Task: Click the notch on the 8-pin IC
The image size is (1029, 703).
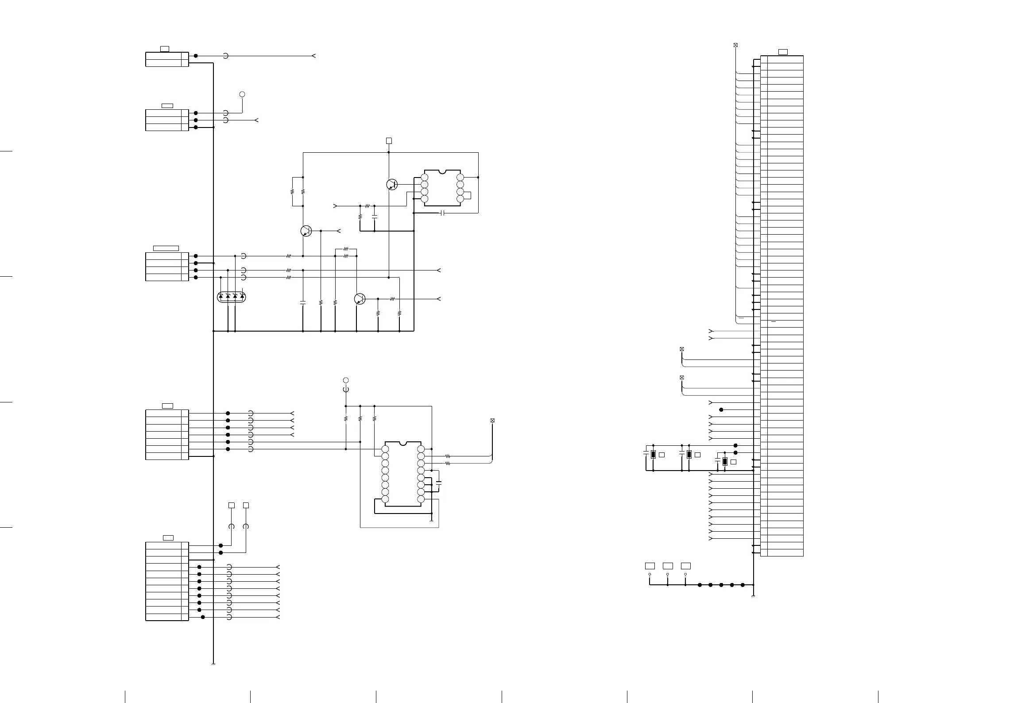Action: (442, 171)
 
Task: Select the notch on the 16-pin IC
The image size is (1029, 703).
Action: (403, 443)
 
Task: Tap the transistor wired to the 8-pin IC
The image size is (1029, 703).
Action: (392, 185)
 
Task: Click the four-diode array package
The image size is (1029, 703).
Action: (231, 297)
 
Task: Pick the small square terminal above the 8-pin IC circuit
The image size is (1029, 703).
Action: (389, 141)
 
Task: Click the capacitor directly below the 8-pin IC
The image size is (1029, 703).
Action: (442, 213)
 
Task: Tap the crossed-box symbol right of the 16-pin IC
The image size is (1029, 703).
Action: (492, 421)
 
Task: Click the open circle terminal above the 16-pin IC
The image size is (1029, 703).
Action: (346, 380)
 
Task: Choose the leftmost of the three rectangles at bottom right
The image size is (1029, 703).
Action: (650, 566)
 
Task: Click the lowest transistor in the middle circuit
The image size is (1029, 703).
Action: (360, 299)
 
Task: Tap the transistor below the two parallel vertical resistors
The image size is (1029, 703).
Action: (306, 231)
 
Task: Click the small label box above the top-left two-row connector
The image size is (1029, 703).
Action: (164, 49)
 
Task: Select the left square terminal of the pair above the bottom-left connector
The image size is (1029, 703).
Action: (231, 505)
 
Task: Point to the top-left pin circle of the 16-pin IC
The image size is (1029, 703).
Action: (385, 449)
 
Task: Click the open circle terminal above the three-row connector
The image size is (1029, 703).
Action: (242, 94)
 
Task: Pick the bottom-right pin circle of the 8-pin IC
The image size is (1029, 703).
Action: (460, 199)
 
